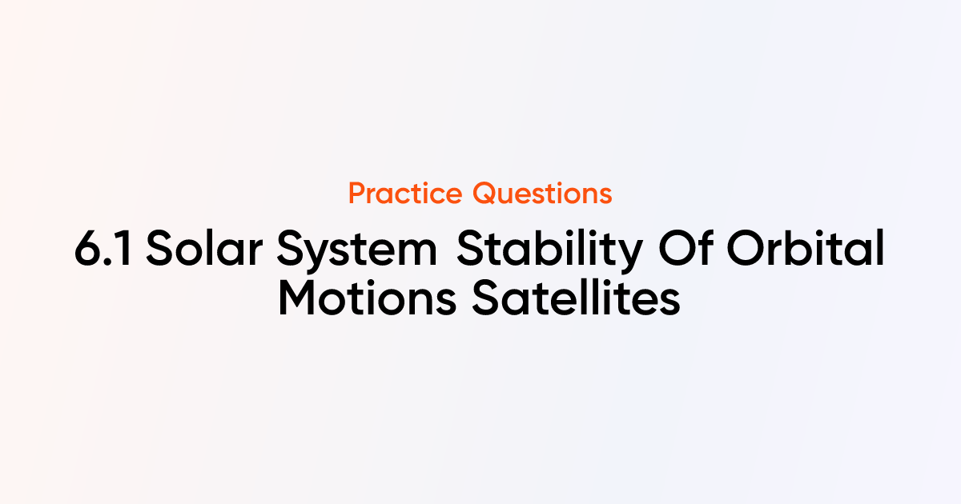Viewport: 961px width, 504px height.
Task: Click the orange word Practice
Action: [405, 194]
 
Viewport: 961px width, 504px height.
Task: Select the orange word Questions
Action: [542, 194]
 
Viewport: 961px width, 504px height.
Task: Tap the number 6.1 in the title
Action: [103, 249]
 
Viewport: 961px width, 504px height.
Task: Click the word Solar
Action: [204, 248]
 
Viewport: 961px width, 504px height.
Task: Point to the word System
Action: [357, 250]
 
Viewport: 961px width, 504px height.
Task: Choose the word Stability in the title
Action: [549, 250]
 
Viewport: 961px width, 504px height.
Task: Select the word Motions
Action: [368, 298]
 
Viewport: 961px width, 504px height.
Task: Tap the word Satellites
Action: [576, 297]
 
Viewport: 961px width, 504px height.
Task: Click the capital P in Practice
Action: [358, 194]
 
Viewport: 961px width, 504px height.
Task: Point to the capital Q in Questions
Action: [485, 194]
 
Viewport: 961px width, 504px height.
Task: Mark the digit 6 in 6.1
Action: [87, 249]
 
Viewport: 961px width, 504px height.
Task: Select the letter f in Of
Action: [705, 247]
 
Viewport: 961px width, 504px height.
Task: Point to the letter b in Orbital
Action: [794, 247]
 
